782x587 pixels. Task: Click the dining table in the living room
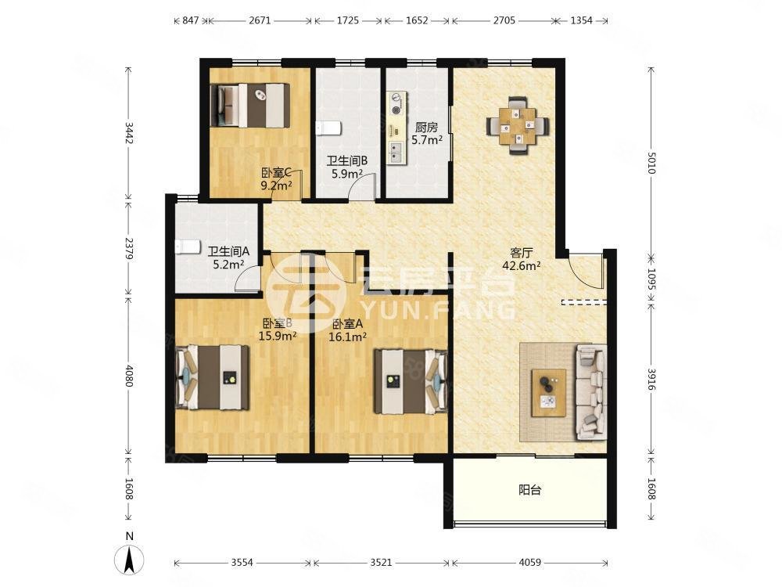pyautogui.click(x=518, y=126)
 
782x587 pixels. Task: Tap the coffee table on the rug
pyautogui.click(x=549, y=393)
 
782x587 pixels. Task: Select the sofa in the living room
pyautogui.click(x=591, y=392)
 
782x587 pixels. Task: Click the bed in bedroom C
pyautogui.click(x=250, y=105)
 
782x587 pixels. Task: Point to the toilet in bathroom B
pyautogui.click(x=328, y=128)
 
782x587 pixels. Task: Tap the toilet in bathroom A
pyautogui.click(x=187, y=247)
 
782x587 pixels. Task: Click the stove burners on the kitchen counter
pyautogui.click(x=397, y=103)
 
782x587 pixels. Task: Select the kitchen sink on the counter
pyautogui.click(x=397, y=153)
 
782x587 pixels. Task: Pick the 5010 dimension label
pyautogui.click(x=651, y=163)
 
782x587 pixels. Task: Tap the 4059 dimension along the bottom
pyautogui.click(x=529, y=563)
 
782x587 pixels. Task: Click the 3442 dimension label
pyautogui.click(x=129, y=133)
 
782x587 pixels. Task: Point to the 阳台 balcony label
pyautogui.click(x=529, y=490)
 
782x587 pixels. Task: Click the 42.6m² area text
pyautogui.click(x=522, y=265)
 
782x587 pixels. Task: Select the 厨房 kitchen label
pyautogui.click(x=426, y=128)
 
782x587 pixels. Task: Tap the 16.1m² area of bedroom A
pyautogui.click(x=348, y=337)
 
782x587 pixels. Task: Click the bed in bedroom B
pyautogui.click(x=213, y=377)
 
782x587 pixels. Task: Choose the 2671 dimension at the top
pyautogui.click(x=260, y=20)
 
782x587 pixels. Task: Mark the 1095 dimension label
pyautogui.click(x=651, y=279)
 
